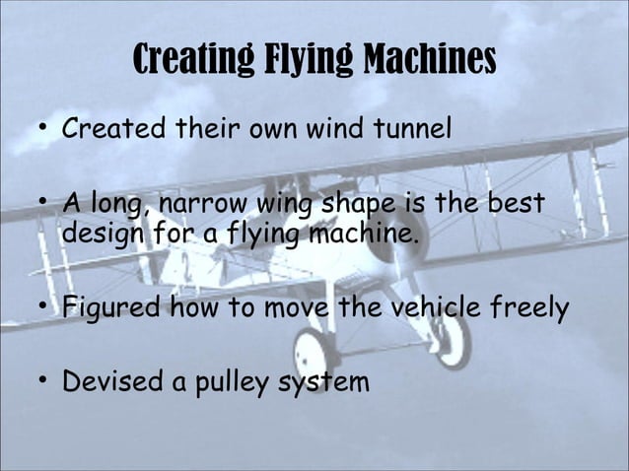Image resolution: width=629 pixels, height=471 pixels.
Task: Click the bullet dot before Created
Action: click(42, 129)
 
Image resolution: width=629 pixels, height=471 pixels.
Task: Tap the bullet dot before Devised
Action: click(42, 380)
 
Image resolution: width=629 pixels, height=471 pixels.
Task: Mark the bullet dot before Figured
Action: click(42, 308)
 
